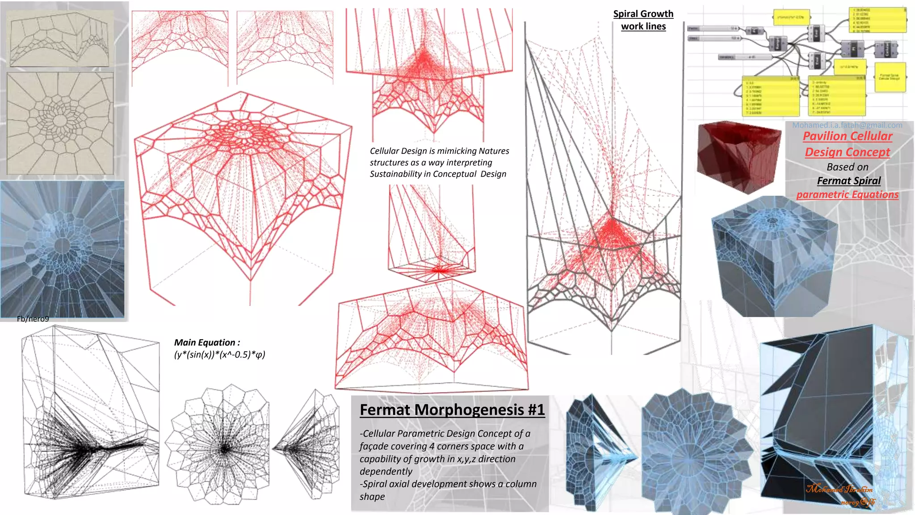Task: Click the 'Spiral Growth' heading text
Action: [643, 14]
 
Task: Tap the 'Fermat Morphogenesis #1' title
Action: [452, 409]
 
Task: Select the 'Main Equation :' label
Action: [207, 342]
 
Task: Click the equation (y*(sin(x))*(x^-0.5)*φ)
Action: [219, 355]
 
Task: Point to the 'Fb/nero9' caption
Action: [33, 319]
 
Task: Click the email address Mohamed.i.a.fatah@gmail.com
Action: [847, 125]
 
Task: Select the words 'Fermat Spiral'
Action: [848, 181]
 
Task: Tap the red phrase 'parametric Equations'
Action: [847, 194]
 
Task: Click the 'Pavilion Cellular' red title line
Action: [848, 136]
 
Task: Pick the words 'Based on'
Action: [847, 167]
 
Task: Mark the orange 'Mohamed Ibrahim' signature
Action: [839, 489]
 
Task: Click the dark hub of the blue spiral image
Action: [62, 245]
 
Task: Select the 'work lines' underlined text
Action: [643, 26]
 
